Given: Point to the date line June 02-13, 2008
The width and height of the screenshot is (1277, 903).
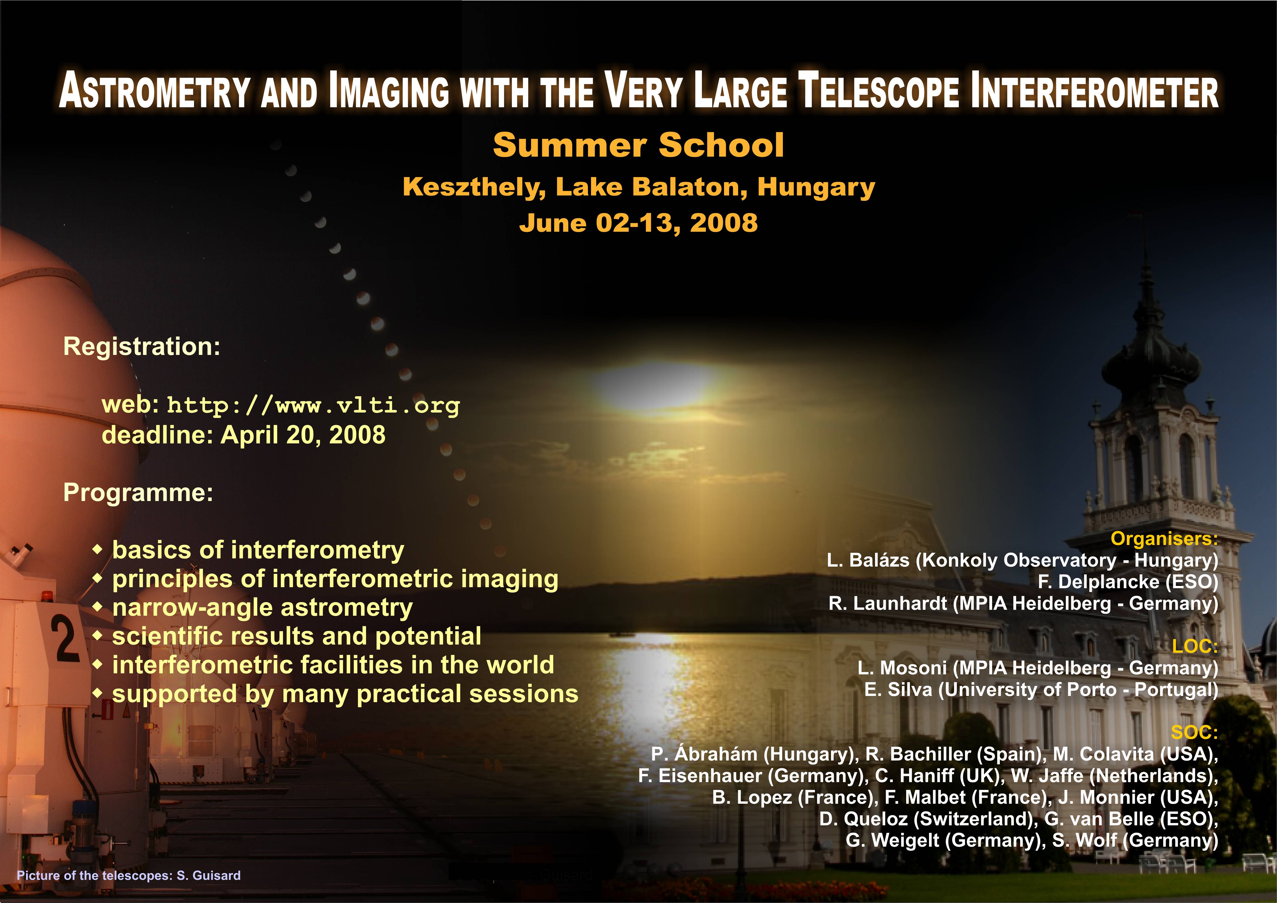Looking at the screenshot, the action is pyautogui.click(x=638, y=223).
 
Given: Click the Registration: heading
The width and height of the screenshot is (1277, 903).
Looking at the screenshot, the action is pyautogui.click(x=142, y=346).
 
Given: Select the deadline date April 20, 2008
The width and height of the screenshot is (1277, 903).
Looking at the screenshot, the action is pyautogui.click(x=303, y=435).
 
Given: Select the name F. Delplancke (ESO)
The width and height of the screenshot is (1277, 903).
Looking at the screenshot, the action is pyautogui.click(x=1128, y=582).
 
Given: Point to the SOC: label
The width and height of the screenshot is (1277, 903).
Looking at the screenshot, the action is pyautogui.click(x=1195, y=732).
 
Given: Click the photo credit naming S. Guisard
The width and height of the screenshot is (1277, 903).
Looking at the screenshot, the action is pyautogui.click(x=129, y=875).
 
